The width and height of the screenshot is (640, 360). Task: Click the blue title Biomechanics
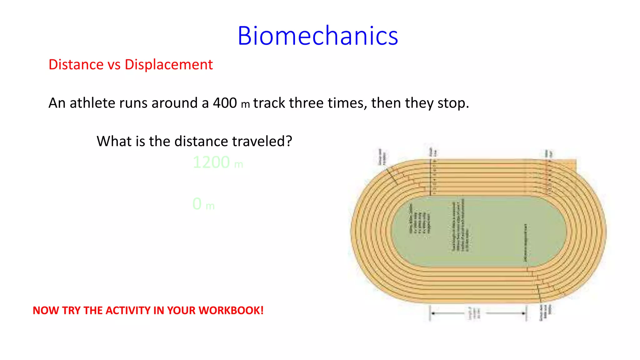coord(317,36)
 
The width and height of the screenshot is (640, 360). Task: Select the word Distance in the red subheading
coord(76,65)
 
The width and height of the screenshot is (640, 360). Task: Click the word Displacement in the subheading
coord(168,65)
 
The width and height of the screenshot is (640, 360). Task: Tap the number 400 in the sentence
coord(225,103)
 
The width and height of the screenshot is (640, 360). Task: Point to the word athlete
coord(92,103)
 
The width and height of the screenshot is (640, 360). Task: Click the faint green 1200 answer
coord(212,162)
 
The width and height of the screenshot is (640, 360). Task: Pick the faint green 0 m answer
coord(203,204)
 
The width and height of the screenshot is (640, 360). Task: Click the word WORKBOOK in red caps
coord(231,311)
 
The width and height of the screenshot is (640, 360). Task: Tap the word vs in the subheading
coord(114,65)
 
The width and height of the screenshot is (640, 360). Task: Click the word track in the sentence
coord(269,103)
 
